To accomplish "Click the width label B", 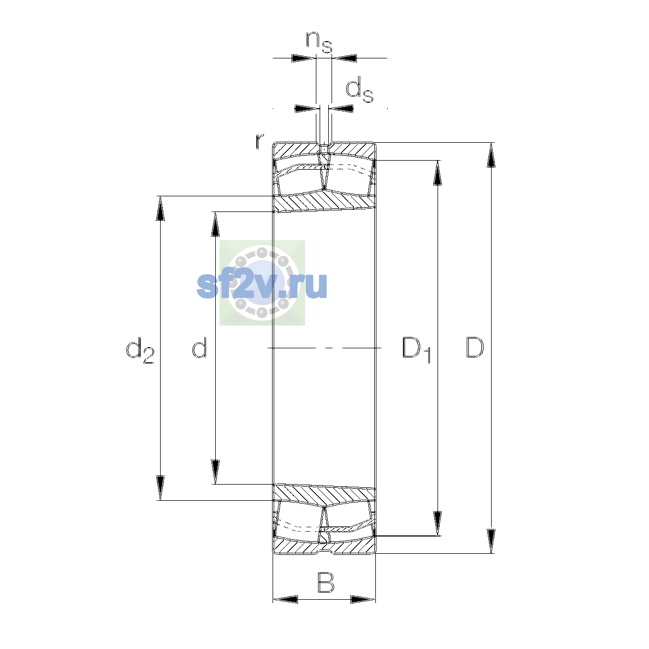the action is (326, 582).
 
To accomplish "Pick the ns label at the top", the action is (319, 42).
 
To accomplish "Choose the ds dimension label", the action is (359, 89).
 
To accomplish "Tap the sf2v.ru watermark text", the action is (262, 285).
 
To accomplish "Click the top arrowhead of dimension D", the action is (491, 155).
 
